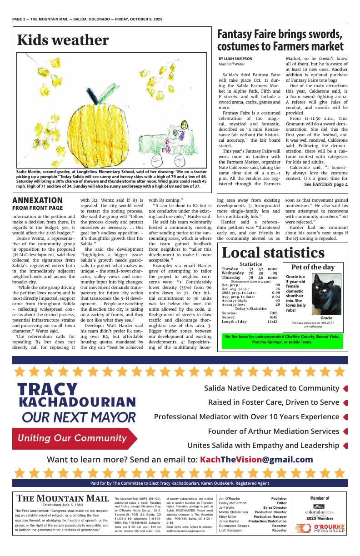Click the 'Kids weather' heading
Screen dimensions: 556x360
pyautogui.click(x=63, y=40)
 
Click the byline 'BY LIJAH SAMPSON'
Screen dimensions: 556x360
pyautogui.click(x=235, y=59)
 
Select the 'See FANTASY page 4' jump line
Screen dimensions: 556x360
pyautogui.click(x=326, y=184)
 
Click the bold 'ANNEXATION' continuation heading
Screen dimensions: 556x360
pyautogui.click(x=38, y=200)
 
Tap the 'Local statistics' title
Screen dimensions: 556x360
pyautogui.click(x=273, y=253)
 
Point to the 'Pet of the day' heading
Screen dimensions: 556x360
pyautogui.click(x=313, y=267)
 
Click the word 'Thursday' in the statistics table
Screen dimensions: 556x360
pyautogui.click(x=231, y=278)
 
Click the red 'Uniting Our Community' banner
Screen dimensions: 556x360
pyautogui.click(x=73, y=438)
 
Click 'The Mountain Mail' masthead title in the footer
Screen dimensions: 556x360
pyautogui.click(x=63, y=498)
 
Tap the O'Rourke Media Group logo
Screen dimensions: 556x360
pyautogui.click(x=326, y=528)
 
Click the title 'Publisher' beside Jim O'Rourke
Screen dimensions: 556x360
pyautogui.click(x=279, y=498)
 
